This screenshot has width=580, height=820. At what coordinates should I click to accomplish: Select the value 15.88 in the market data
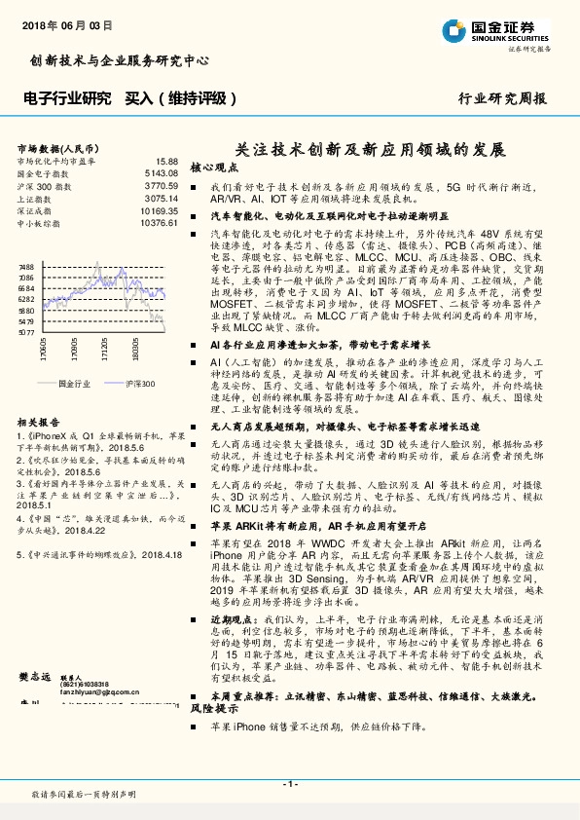(166, 160)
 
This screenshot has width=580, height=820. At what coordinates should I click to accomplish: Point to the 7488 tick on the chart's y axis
(26, 266)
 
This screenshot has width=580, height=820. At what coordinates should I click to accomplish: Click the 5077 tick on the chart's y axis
(26, 332)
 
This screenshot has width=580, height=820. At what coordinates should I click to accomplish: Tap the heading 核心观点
(214, 168)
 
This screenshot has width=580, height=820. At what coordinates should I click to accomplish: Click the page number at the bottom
(289, 784)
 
